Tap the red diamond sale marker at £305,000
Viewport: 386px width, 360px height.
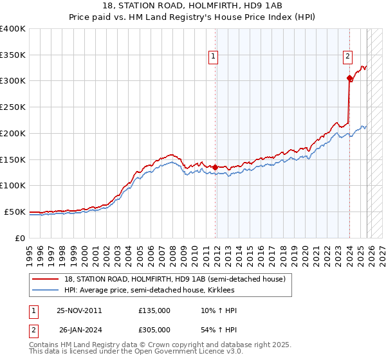point(349,78)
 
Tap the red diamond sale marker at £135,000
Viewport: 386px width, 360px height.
point(215,167)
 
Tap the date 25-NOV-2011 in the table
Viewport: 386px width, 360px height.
point(79,310)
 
